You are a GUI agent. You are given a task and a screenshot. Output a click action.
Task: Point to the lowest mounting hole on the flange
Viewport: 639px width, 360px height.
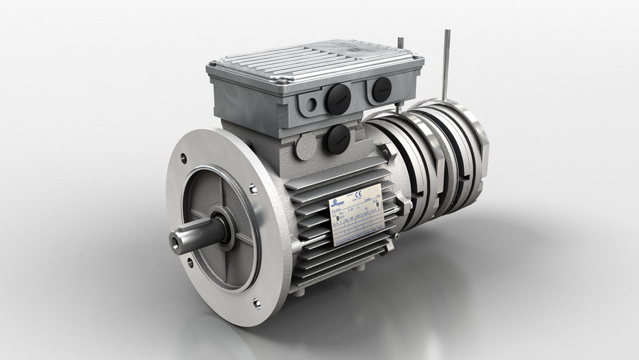[256, 303]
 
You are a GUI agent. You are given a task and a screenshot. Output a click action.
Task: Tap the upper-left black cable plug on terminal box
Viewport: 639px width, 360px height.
[337, 100]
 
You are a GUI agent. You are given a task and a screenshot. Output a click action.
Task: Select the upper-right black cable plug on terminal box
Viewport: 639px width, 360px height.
[381, 89]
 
